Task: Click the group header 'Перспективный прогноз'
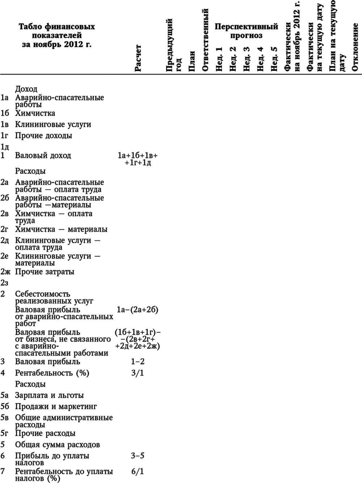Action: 246,31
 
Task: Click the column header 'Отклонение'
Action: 355,47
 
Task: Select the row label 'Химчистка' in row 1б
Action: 35,113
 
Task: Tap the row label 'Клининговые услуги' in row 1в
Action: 53,125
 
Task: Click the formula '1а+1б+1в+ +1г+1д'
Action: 138,159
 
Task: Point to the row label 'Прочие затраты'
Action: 45,272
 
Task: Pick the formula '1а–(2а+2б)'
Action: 138,310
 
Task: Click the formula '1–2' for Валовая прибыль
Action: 138,362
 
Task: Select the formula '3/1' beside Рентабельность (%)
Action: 138,373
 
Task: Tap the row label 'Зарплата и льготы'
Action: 49,395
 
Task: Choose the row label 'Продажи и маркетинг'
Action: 56,407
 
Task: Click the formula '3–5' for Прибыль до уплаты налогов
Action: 138,455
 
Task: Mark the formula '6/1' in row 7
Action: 138,471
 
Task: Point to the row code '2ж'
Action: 5,272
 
